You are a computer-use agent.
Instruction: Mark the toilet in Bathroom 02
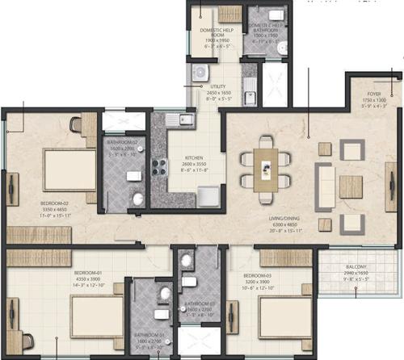138,199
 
